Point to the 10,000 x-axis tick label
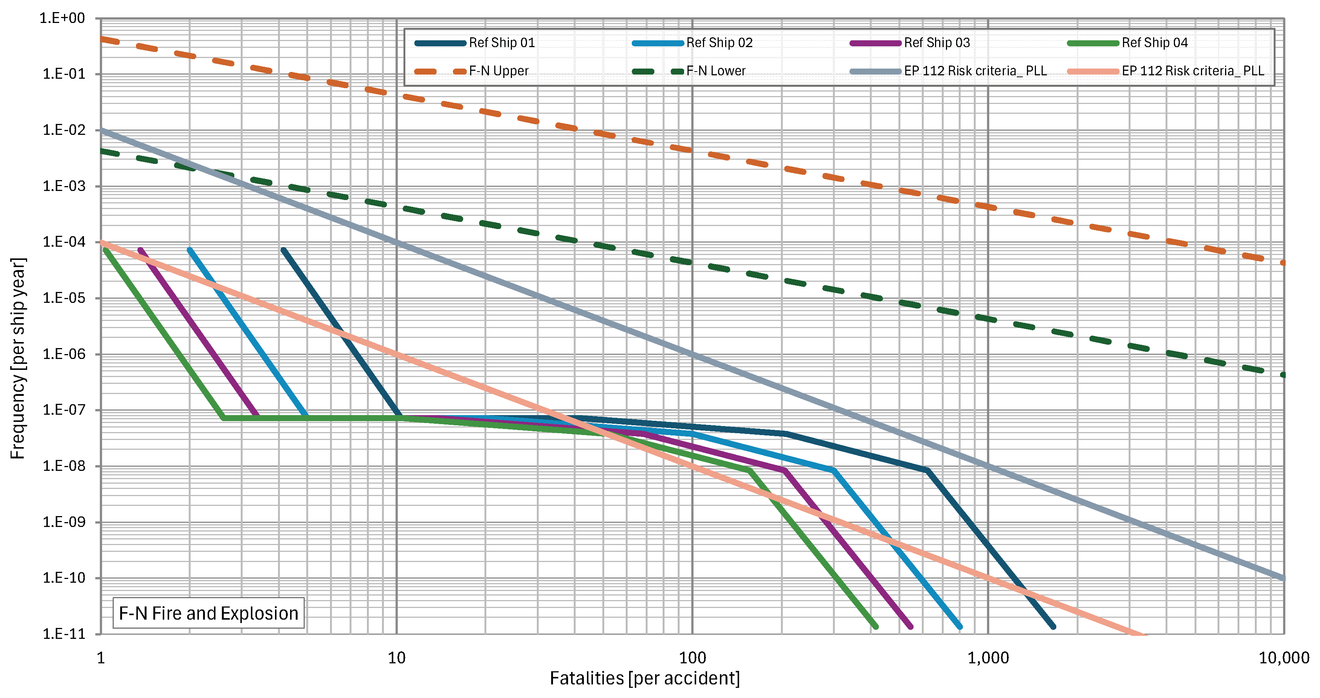(1283, 658)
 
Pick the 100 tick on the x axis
(692, 658)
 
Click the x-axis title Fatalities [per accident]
(645, 678)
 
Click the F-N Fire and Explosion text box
(209, 613)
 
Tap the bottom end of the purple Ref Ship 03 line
(911, 626)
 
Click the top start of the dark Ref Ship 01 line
(283, 250)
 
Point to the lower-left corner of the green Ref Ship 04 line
(223, 418)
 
